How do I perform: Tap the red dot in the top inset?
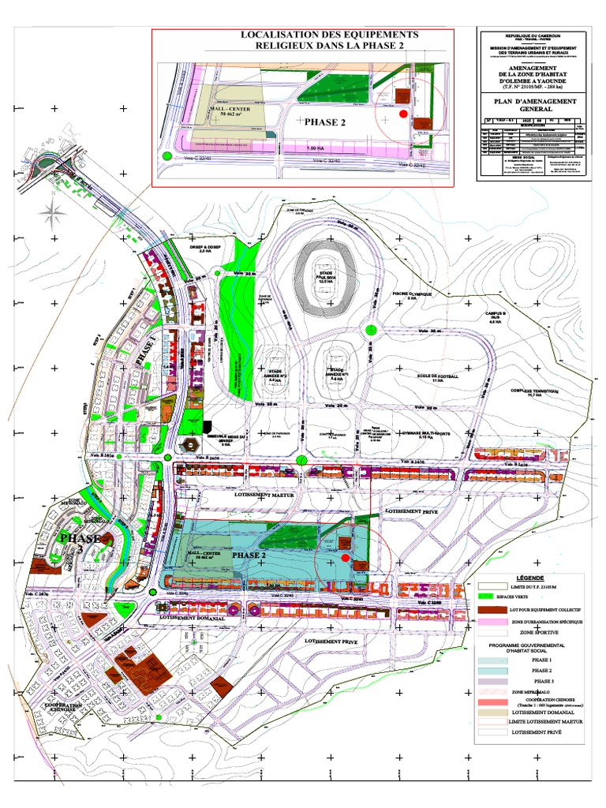(404, 114)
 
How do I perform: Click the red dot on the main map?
(345, 558)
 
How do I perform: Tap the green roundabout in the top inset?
(166, 155)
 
